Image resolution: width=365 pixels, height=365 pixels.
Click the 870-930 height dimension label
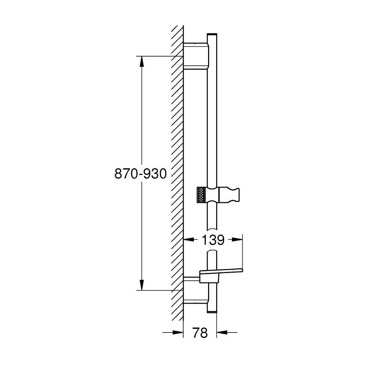[141, 174]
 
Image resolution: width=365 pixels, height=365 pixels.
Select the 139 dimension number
[213, 240]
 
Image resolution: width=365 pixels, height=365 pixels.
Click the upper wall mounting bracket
[196, 56]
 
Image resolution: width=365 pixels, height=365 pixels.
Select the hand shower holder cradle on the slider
[229, 195]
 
